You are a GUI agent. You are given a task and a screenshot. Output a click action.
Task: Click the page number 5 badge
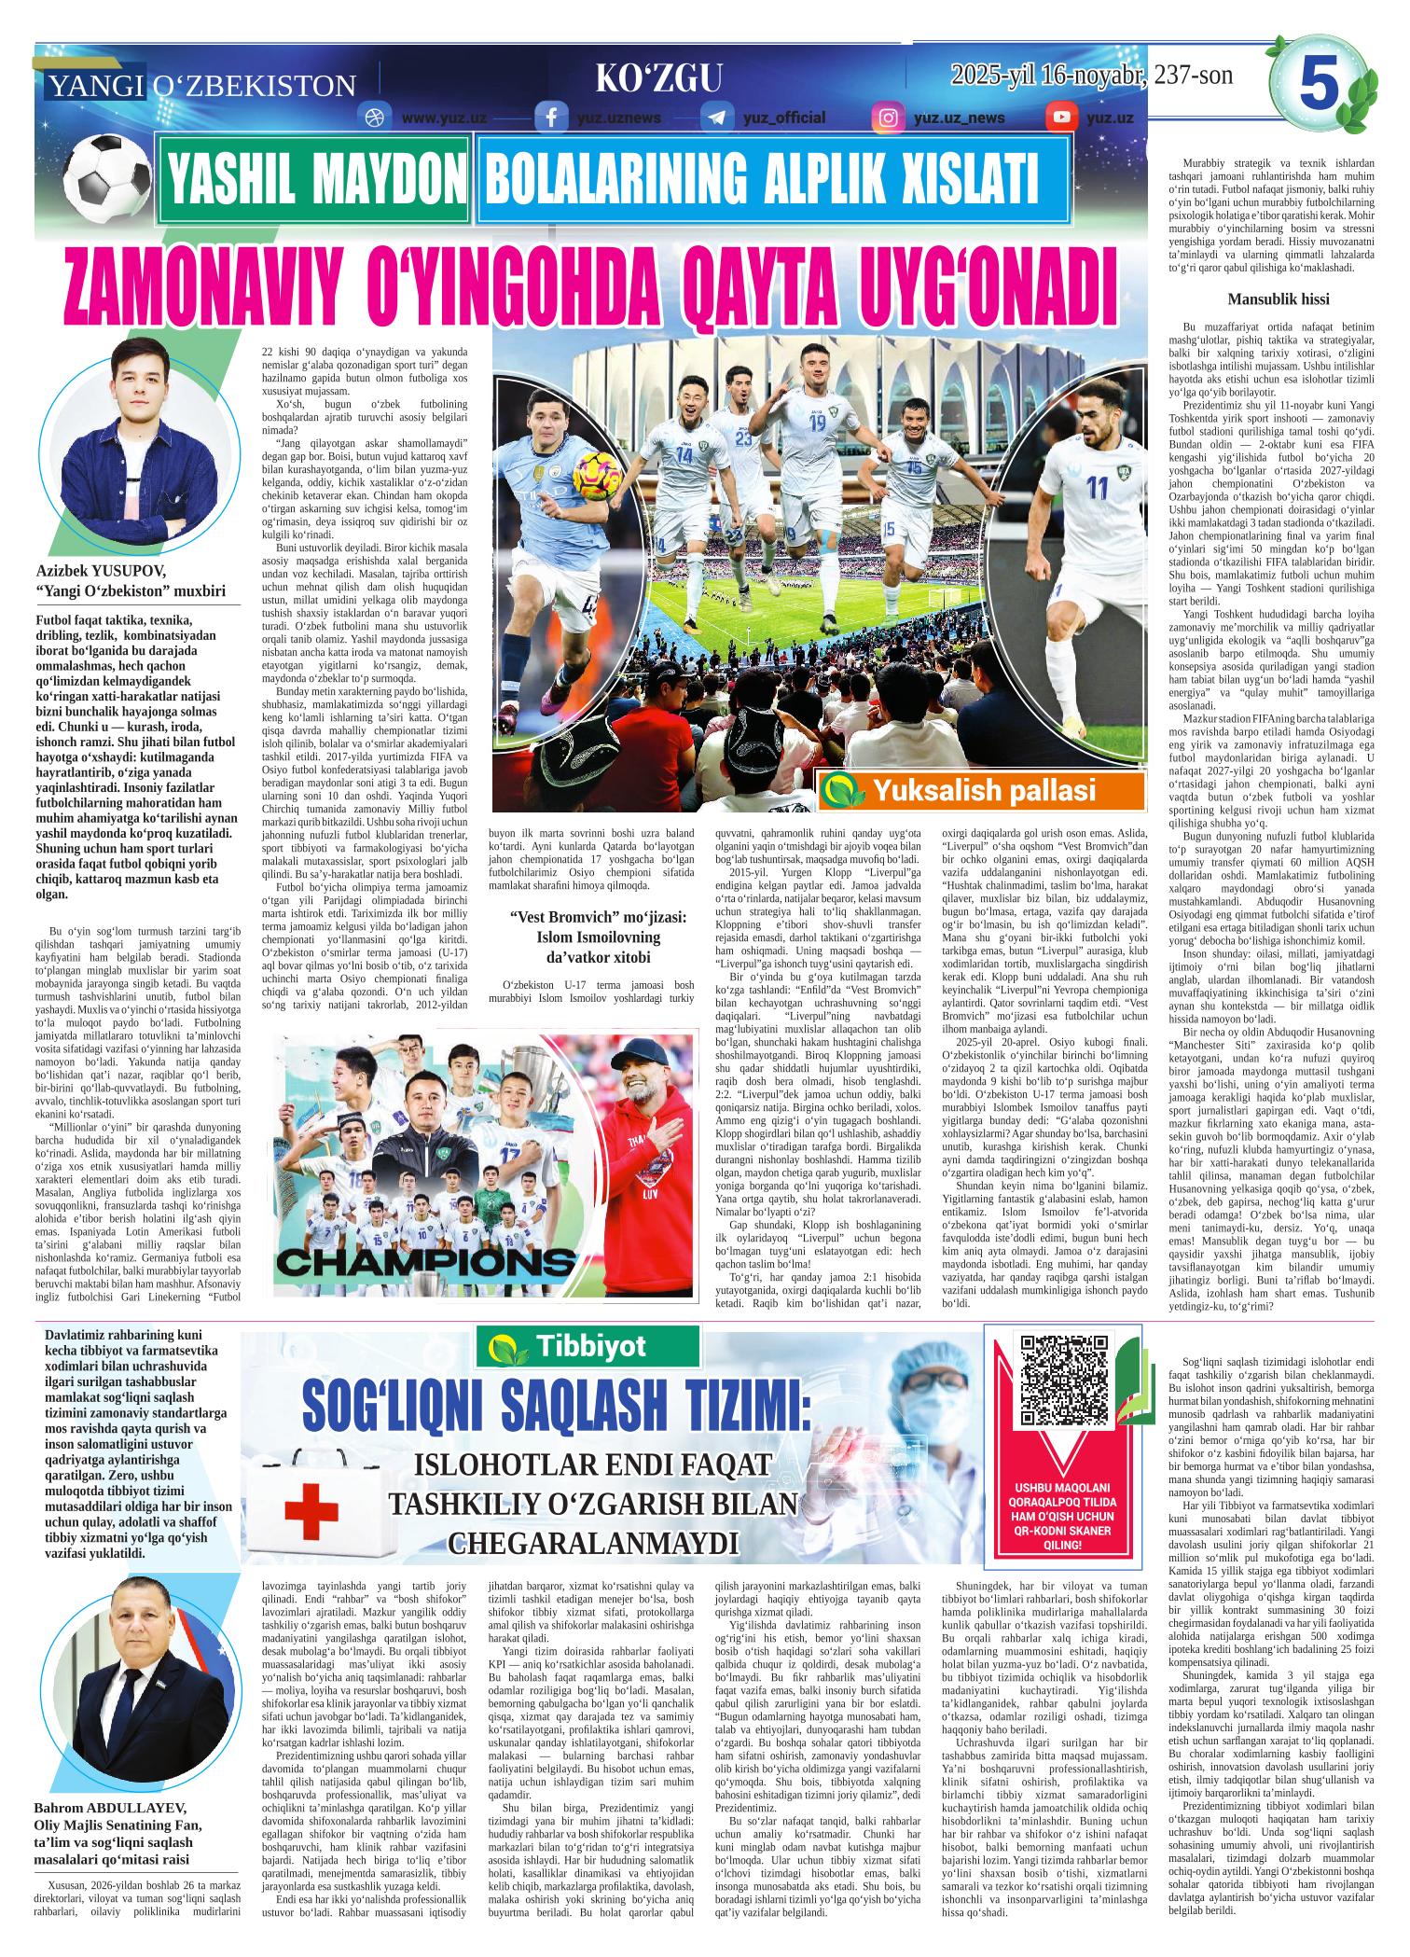click(x=1318, y=89)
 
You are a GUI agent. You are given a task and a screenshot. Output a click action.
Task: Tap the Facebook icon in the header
click(x=551, y=118)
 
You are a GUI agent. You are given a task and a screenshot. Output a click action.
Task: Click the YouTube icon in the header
click(x=1059, y=118)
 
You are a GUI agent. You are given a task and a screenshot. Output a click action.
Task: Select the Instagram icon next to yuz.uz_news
click(x=888, y=118)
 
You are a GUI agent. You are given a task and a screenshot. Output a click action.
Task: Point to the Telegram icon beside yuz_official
click(x=717, y=118)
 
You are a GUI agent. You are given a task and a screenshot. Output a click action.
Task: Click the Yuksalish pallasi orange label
click(x=981, y=793)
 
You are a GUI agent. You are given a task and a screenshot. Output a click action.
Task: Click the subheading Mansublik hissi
click(x=1278, y=299)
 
